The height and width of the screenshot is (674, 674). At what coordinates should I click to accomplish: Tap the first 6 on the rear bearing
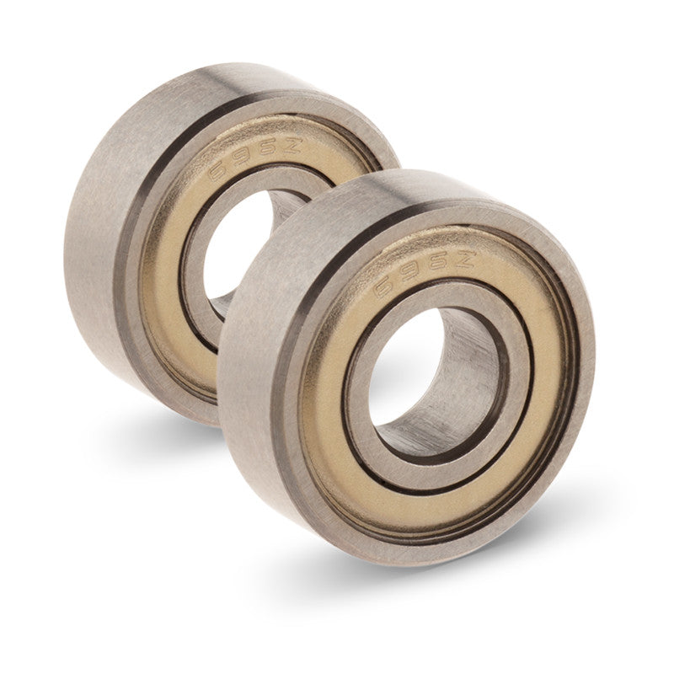click(x=219, y=168)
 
